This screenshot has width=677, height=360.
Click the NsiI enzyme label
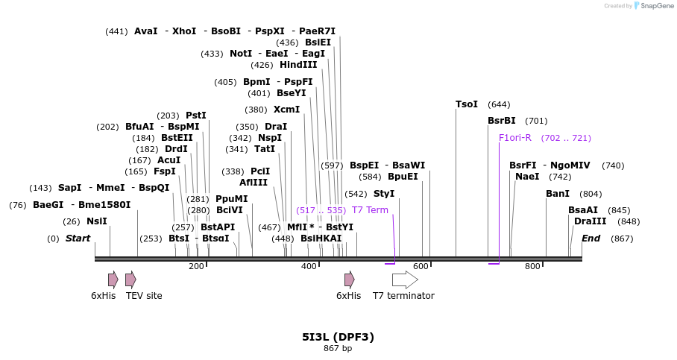pyautogui.click(x=97, y=221)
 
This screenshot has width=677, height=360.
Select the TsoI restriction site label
pyautogui.click(x=467, y=104)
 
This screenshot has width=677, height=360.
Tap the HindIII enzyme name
pyautogui.click(x=298, y=65)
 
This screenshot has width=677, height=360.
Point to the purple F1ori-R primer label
pyautogui.click(x=515, y=138)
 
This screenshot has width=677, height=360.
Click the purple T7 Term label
pyautogui.click(x=370, y=210)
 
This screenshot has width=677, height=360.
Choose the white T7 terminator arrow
pyautogui.click(x=405, y=280)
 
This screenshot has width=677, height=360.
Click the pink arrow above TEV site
pyautogui.click(x=130, y=280)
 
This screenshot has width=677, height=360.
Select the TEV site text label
pyautogui.click(x=144, y=296)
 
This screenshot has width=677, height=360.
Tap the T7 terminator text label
pyautogui.click(x=403, y=296)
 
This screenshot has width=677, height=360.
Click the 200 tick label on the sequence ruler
pyautogui.click(x=196, y=267)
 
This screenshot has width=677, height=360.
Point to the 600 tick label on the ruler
pyautogui.click(x=421, y=267)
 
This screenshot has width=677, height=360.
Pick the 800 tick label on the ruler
pyautogui.click(x=532, y=267)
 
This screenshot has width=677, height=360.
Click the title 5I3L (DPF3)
pyautogui.click(x=338, y=337)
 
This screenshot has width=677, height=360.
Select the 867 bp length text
pyautogui.click(x=338, y=348)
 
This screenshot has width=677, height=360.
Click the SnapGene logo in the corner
pyautogui.click(x=648, y=6)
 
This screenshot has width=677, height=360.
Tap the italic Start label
pyautogui.click(x=78, y=239)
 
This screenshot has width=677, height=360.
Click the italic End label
pyautogui.click(x=591, y=239)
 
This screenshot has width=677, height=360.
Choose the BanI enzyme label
pyautogui.click(x=558, y=194)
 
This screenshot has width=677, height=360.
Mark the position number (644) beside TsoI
pyautogui.click(x=499, y=104)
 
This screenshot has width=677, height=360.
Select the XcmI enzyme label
pyautogui.click(x=286, y=110)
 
